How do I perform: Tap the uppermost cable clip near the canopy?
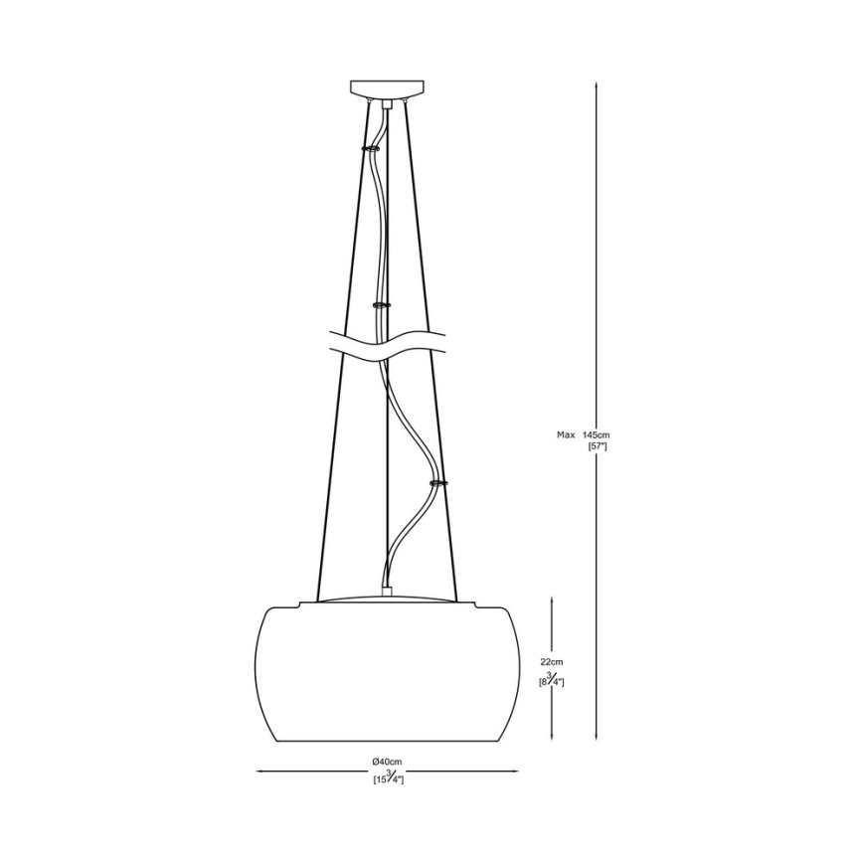[372, 147]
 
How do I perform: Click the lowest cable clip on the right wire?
[436, 483]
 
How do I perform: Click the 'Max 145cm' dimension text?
[583, 434]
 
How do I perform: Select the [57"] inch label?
[598, 447]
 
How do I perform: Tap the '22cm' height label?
[552, 662]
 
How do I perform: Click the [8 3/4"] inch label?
[552, 681]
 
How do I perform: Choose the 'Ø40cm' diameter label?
[388, 763]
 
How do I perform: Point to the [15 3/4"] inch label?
[388, 780]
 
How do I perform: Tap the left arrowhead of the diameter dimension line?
[260, 771]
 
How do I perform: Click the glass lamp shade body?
[387, 676]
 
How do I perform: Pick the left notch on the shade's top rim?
[297, 604]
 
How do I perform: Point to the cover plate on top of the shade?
[387, 599]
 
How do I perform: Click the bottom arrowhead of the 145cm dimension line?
[596, 739]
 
